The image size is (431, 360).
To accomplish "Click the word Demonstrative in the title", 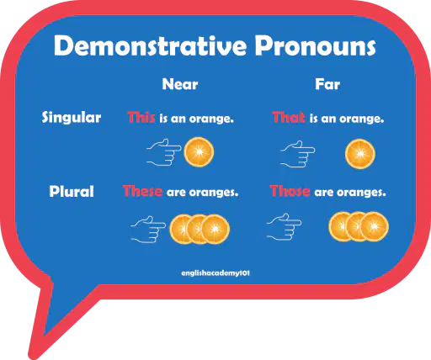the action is pos(150,45).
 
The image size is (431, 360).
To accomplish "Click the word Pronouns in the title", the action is pos(316,45).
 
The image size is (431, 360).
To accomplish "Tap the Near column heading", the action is pos(180,84).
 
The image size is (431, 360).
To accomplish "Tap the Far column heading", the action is pos(327,84).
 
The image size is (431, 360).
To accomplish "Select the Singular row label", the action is pos(72,117).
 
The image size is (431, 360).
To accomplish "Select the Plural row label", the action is pos(72,192).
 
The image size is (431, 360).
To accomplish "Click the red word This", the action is pos(141,117).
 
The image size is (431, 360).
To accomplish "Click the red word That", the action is pos(289,117).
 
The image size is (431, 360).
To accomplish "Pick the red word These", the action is pos(142,191).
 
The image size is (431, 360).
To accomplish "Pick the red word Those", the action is pos(290,191).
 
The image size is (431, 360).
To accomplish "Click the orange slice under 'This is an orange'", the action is pos(199,152).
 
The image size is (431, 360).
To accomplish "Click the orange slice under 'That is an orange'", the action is pos(360,154).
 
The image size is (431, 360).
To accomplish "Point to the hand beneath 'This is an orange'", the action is pos(164,152).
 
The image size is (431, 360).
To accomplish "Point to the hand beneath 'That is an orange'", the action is pos(298,154).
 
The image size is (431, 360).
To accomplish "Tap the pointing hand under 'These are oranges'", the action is pos(148,229).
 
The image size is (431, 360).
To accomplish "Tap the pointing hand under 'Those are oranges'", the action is pos(284,226).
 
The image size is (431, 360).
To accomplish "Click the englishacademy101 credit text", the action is pos(215,273).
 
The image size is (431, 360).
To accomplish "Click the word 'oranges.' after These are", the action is pos(214,193).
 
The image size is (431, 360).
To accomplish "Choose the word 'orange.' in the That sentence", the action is pos(361,119).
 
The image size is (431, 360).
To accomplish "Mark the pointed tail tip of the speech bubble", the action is pos(33,356).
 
